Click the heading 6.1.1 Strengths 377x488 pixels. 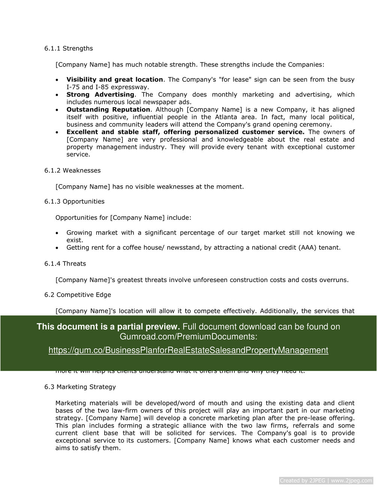(68, 48)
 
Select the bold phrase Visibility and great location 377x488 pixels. (114, 80)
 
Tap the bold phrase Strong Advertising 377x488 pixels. (100, 95)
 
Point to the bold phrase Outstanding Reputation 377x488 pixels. (108, 110)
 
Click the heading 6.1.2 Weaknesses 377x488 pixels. (72, 170)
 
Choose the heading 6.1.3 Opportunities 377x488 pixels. (74, 201)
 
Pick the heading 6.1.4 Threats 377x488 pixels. (65, 264)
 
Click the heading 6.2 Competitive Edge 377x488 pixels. (78, 295)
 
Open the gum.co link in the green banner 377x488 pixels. (188, 350)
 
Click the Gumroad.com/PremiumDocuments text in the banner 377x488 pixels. (188, 336)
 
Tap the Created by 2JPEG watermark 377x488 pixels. (326, 480)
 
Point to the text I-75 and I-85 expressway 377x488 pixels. (108, 87)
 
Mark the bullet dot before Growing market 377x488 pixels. (57, 233)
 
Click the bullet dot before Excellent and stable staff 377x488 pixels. (57, 132)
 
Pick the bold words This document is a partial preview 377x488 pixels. (108, 327)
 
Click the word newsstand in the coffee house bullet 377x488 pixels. (184, 248)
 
